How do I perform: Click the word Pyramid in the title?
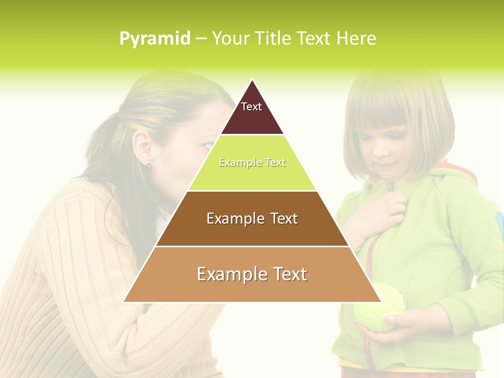pos(154,39)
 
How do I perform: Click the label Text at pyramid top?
pos(251,107)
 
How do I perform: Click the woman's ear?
pos(143,148)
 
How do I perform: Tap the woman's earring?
pos(149,166)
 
